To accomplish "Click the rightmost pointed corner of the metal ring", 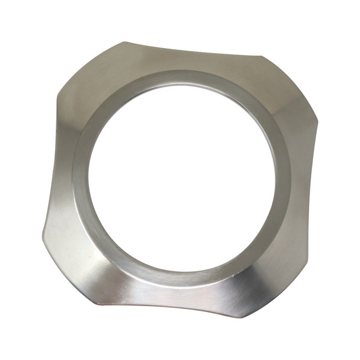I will pos(318,124).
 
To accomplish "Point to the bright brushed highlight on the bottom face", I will pos(178,293).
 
